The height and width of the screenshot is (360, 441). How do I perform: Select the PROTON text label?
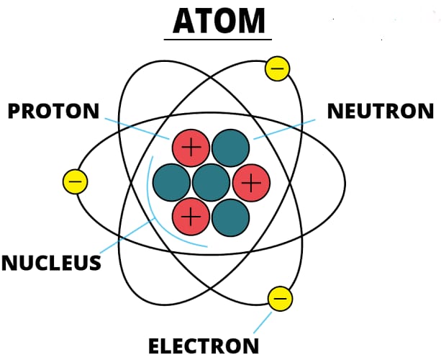click(53, 112)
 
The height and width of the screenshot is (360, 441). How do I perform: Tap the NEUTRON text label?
click(381, 112)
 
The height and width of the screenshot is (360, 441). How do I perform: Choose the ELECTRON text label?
click(204, 346)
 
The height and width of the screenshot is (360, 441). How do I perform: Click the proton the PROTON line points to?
click(191, 148)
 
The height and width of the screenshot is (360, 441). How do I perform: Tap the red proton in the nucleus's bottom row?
click(191, 215)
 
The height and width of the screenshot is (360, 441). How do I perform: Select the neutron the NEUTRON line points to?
click(231, 148)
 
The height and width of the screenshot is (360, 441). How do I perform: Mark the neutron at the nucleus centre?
click(211, 181)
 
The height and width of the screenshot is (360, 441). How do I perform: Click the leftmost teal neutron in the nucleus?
click(171, 181)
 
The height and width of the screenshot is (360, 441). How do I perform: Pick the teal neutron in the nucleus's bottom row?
click(231, 215)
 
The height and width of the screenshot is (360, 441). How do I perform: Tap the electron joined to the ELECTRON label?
click(280, 298)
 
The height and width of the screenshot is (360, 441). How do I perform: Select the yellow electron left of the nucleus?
click(75, 181)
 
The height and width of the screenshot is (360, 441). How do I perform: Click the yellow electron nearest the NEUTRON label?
click(278, 69)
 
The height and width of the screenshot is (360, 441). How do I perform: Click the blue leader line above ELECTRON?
click(265, 322)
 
